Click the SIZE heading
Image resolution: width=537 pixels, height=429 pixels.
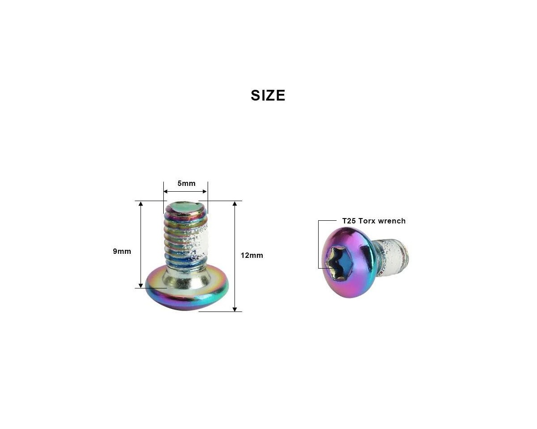(x=268, y=95)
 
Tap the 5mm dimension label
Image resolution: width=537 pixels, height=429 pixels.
(x=187, y=184)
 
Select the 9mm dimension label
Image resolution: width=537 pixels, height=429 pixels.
(x=122, y=251)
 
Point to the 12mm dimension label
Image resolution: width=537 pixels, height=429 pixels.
(x=252, y=255)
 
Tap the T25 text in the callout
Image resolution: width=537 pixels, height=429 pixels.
(x=349, y=221)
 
